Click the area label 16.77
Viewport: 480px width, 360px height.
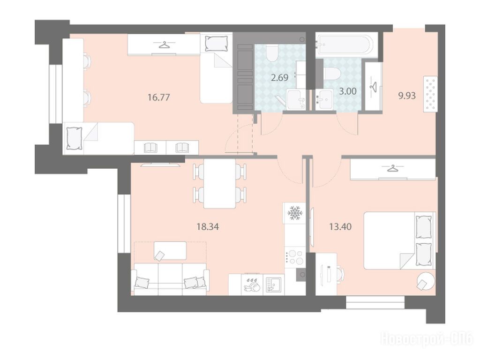pyautogui.click(x=158, y=97)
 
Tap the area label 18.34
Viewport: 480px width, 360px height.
pyautogui.click(x=208, y=227)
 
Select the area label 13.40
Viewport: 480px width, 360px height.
pyautogui.click(x=340, y=227)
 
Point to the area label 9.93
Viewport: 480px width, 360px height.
pyautogui.click(x=407, y=96)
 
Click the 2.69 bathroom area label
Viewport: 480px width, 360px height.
pyautogui.click(x=279, y=77)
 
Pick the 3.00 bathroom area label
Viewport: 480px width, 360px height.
pyautogui.click(x=348, y=91)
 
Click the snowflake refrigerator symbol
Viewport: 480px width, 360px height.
pyautogui.click(x=295, y=213)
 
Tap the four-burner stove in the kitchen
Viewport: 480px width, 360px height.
pyautogui.click(x=295, y=257)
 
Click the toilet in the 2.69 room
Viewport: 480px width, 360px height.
pyautogui.click(x=271, y=53)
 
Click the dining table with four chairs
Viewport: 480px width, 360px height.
pyautogui.click(x=219, y=183)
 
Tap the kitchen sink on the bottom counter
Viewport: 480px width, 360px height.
pyautogui.click(x=272, y=285)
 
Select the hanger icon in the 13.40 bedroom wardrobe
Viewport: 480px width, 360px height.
pyautogui.click(x=392, y=169)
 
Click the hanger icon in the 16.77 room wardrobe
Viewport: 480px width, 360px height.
pyautogui.click(x=165, y=45)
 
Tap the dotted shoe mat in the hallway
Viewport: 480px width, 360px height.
pyautogui.click(x=430, y=94)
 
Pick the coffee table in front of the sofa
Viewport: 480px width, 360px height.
pyautogui.click(x=170, y=251)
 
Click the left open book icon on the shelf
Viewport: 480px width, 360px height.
pyautogui.click(x=150, y=148)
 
